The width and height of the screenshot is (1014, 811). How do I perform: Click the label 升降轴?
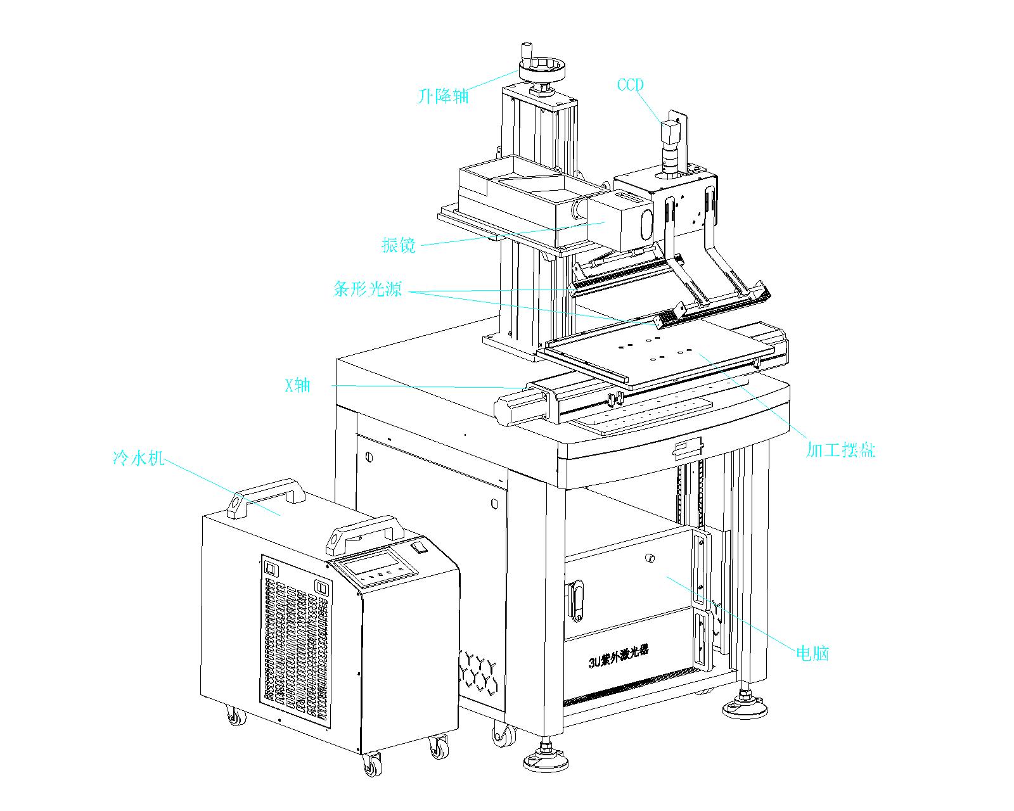point(444,96)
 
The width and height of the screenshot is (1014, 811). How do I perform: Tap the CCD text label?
point(630,85)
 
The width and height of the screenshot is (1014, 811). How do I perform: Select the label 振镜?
point(399,245)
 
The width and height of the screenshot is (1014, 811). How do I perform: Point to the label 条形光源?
point(368,290)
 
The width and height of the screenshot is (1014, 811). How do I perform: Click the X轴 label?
point(297,385)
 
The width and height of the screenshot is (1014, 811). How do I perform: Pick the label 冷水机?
point(138,458)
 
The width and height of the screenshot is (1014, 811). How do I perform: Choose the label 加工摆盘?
point(840,450)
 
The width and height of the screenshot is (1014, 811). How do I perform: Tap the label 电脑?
point(812,653)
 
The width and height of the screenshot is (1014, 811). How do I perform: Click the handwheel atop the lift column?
point(541,68)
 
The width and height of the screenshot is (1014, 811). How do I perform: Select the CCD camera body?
point(671,133)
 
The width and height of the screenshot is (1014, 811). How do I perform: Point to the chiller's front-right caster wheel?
point(438,748)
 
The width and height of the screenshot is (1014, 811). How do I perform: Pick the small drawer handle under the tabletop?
point(688,448)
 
